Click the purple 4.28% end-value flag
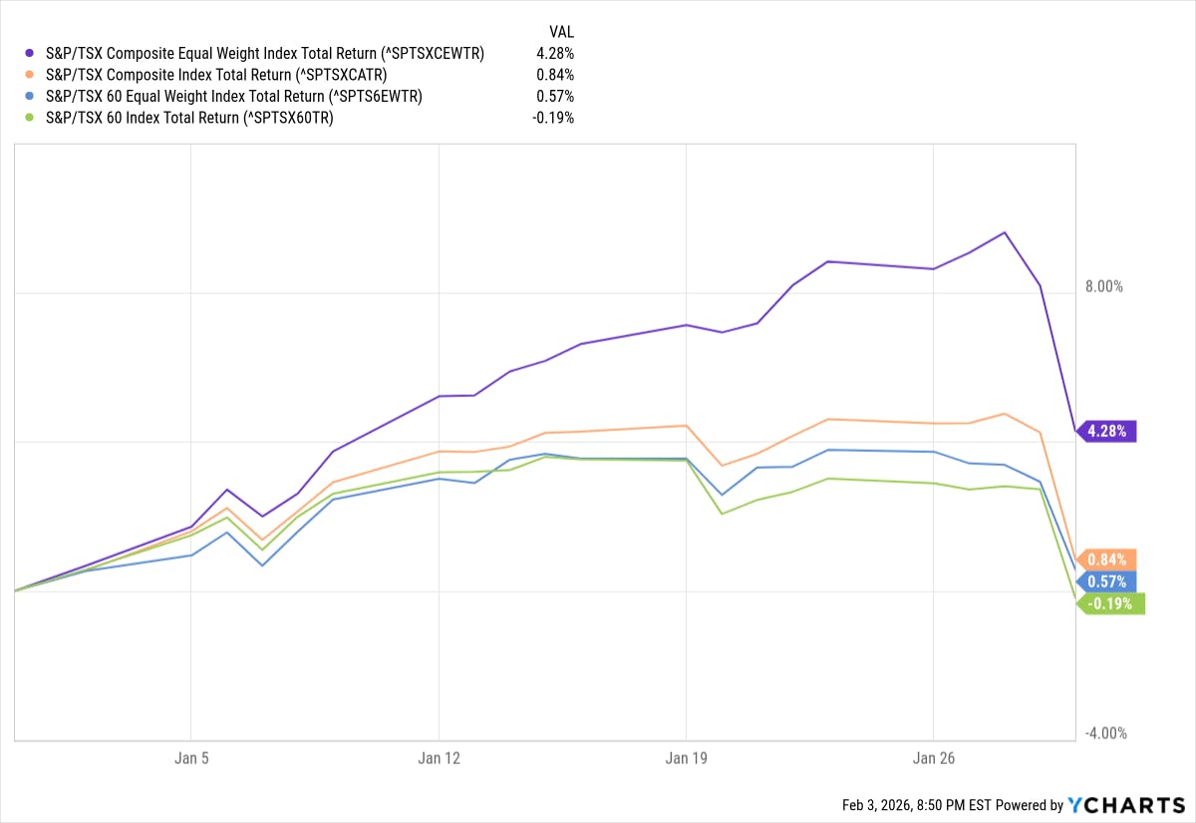point(1107,432)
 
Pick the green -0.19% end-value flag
point(1111,604)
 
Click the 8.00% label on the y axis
point(1103,286)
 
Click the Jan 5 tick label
point(191,758)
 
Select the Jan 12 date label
point(439,758)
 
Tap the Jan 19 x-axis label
point(686,758)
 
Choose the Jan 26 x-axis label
point(933,758)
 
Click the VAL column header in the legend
point(562,31)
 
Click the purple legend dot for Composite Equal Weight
point(33,54)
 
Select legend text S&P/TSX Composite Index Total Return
point(216,75)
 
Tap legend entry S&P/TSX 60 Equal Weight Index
point(234,97)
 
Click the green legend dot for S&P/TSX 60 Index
point(33,118)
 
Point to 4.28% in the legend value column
point(554,54)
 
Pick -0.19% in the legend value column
point(552,118)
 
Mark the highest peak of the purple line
point(1005,232)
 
